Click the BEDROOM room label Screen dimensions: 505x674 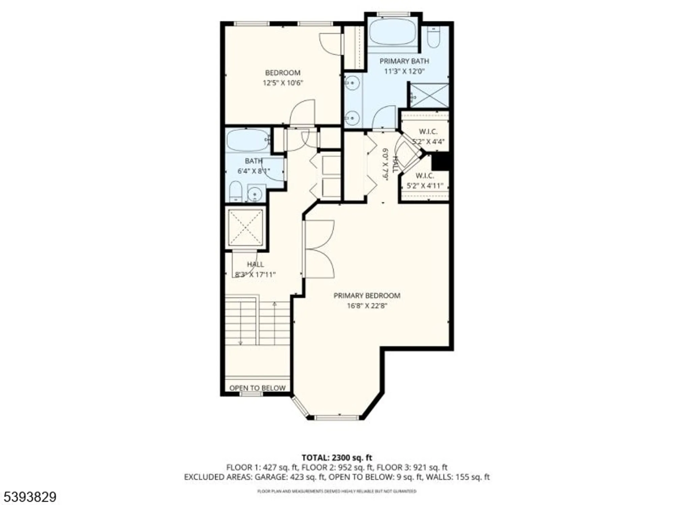tap(282, 73)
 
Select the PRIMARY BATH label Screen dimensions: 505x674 tap(404, 61)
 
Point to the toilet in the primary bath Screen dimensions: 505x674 tap(433, 37)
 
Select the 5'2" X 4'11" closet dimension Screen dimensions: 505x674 tap(425, 186)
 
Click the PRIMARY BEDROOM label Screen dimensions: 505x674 tap(367, 296)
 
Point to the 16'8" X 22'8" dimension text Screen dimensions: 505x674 tap(367, 306)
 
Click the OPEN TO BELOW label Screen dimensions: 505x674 tap(257, 388)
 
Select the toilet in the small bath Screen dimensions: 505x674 tap(235, 192)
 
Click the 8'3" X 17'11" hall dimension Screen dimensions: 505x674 tap(255, 274)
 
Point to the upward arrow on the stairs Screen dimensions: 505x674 tap(274, 304)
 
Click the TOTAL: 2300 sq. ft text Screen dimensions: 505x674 tap(337, 458)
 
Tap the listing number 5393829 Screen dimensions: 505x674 tap(28, 497)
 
